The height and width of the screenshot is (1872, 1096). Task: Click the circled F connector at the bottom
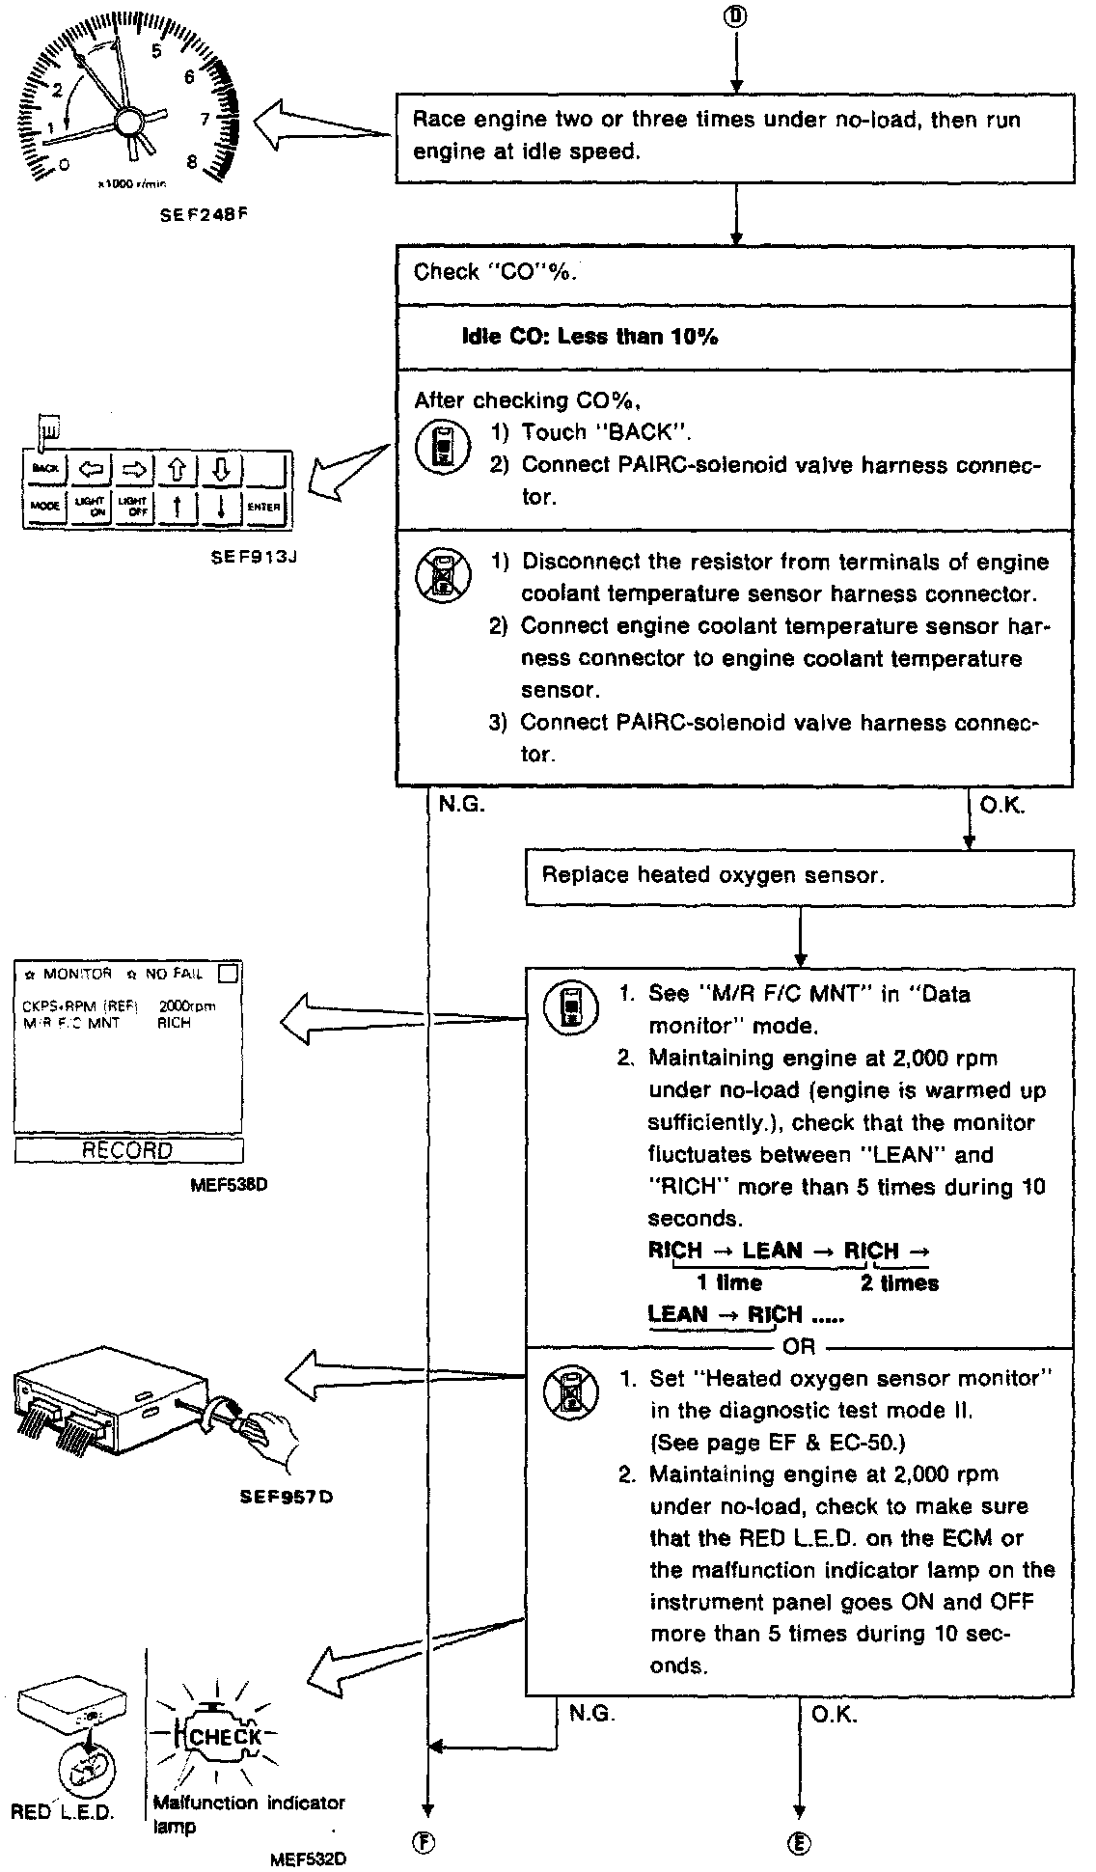click(x=425, y=1841)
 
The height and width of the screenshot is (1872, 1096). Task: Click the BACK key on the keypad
click(x=45, y=470)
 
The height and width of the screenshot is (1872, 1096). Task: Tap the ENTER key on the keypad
click(x=263, y=507)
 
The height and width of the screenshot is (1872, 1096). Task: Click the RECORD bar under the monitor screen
click(x=128, y=1150)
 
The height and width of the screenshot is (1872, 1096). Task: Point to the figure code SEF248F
click(x=203, y=216)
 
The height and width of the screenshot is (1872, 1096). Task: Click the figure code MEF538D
click(x=230, y=1185)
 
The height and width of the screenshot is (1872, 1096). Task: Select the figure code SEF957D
click(x=286, y=1498)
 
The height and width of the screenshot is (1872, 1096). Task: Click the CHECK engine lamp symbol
click(x=225, y=1736)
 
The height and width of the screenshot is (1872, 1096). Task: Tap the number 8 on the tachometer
click(x=192, y=162)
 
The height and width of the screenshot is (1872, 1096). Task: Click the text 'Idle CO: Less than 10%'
click(x=589, y=337)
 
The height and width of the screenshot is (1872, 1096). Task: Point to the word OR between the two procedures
click(x=799, y=1346)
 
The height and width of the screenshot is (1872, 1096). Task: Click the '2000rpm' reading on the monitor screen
click(x=186, y=1005)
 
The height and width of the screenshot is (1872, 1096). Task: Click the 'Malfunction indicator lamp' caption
click(x=248, y=1811)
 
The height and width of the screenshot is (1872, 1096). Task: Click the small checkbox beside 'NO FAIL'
click(x=228, y=974)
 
